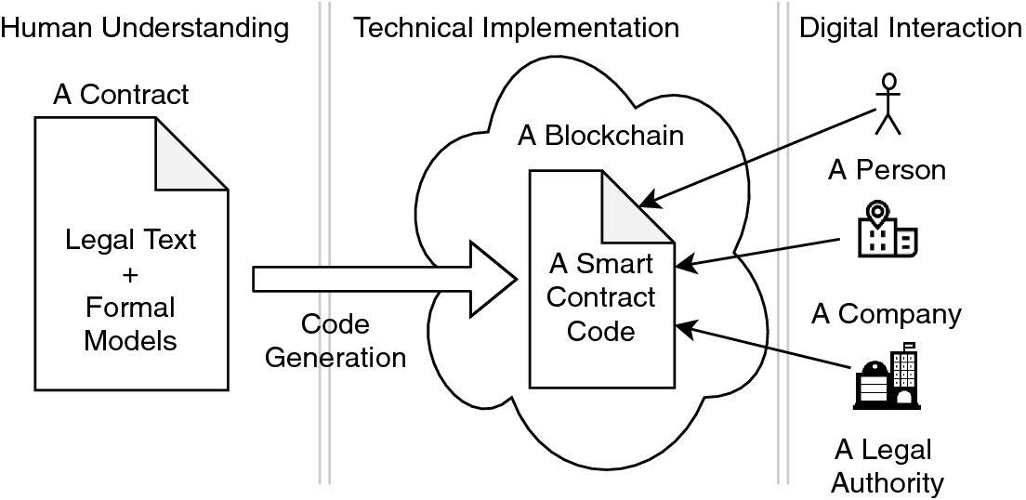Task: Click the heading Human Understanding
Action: click(145, 28)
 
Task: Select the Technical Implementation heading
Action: click(517, 28)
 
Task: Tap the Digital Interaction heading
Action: click(911, 28)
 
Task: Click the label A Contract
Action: click(121, 94)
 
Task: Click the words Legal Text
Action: click(130, 241)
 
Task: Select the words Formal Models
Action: click(130, 323)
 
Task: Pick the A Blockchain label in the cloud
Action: click(600, 136)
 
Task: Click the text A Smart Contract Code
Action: click(601, 297)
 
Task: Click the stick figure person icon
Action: click(889, 102)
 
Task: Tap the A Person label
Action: click(888, 170)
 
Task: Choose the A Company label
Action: click(886, 313)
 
